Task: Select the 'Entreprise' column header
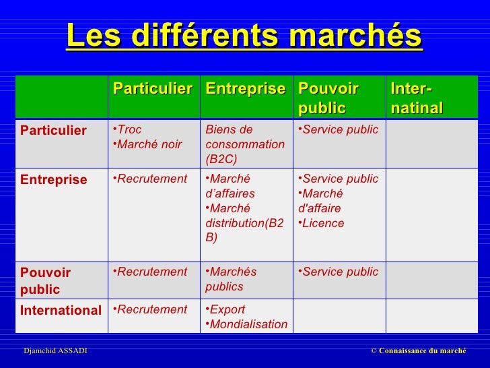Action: coord(245,90)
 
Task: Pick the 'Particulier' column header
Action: coord(152,90)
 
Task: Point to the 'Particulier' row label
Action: coord(54,130)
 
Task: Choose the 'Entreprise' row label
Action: coord(54,179)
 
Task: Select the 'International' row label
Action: coord(61,311)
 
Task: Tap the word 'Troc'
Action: coord(129,129)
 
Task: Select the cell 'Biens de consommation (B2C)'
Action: coord(245,144)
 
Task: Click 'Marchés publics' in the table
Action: coord(232,279)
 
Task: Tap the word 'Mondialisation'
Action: coord(248,325)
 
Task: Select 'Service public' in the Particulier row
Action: coord(340,129)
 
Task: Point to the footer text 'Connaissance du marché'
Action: coord(422,350)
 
